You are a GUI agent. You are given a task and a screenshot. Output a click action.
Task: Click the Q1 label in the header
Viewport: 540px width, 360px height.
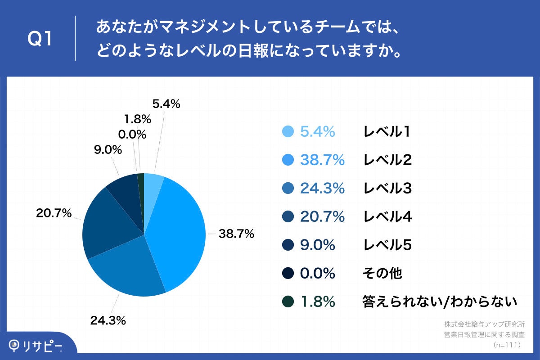40,39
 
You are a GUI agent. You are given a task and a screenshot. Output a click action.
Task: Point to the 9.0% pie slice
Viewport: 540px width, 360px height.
124,189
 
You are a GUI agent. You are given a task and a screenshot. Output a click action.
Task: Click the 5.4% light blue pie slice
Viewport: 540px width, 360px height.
153,182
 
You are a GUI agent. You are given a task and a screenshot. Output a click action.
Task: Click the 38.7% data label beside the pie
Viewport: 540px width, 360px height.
236,234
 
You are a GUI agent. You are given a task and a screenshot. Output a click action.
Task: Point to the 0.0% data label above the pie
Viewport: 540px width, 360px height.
132,134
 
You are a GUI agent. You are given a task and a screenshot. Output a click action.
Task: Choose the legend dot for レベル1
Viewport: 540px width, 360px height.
288,131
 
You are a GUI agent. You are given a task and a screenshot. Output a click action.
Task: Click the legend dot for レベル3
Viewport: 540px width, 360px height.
288,188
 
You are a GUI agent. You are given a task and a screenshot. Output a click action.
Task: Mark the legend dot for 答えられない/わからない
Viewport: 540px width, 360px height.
288,301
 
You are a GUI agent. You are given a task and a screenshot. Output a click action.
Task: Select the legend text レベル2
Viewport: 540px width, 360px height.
387,160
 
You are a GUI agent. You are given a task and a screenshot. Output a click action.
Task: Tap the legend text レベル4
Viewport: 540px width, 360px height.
387,216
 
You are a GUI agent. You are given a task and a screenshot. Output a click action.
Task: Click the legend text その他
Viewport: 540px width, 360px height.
382,273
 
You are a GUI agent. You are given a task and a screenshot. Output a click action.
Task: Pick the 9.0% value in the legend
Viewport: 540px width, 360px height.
317,245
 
